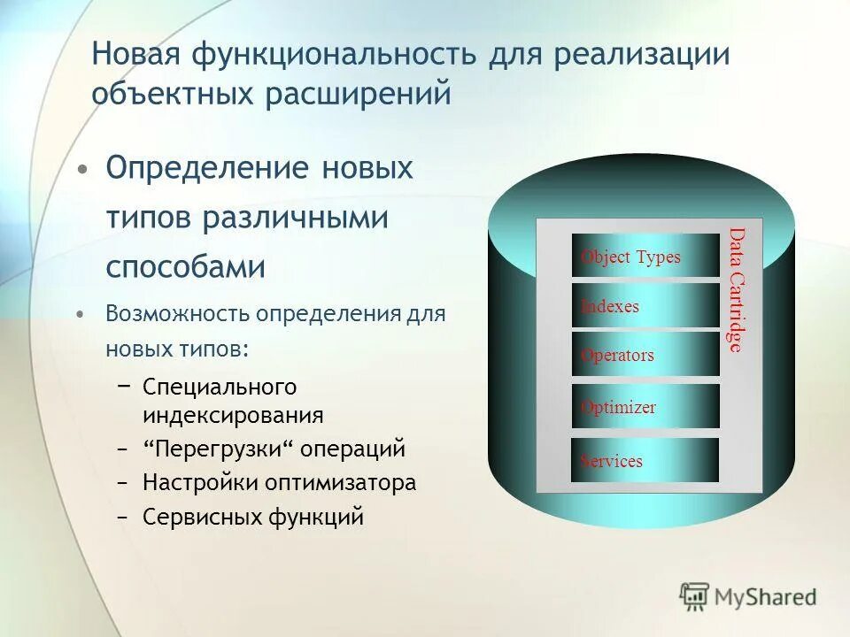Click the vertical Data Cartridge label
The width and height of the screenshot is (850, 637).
(736, 290)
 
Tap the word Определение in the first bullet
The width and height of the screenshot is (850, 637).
(208, 167)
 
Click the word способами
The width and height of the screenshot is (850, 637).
(186, 266)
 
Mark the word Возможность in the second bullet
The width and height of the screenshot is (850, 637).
(177, 314)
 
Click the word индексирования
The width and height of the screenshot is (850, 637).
(233, 415)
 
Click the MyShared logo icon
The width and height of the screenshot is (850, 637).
(695, 597)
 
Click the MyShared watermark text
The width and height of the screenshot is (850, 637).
(767, 597)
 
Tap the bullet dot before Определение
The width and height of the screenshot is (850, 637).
(82, 169)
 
